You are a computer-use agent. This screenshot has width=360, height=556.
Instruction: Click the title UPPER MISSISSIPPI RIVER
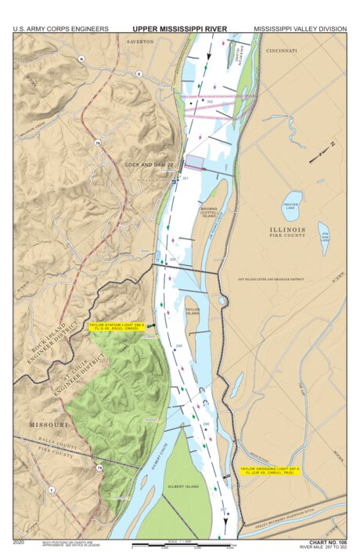(x=179, y=29)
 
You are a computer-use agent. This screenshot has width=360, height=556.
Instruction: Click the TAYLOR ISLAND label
(x=193, y=310)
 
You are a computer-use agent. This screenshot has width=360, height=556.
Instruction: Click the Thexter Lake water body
(x=291, y=205)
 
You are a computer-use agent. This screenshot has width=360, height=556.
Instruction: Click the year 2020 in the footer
(x=20, y=541)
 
